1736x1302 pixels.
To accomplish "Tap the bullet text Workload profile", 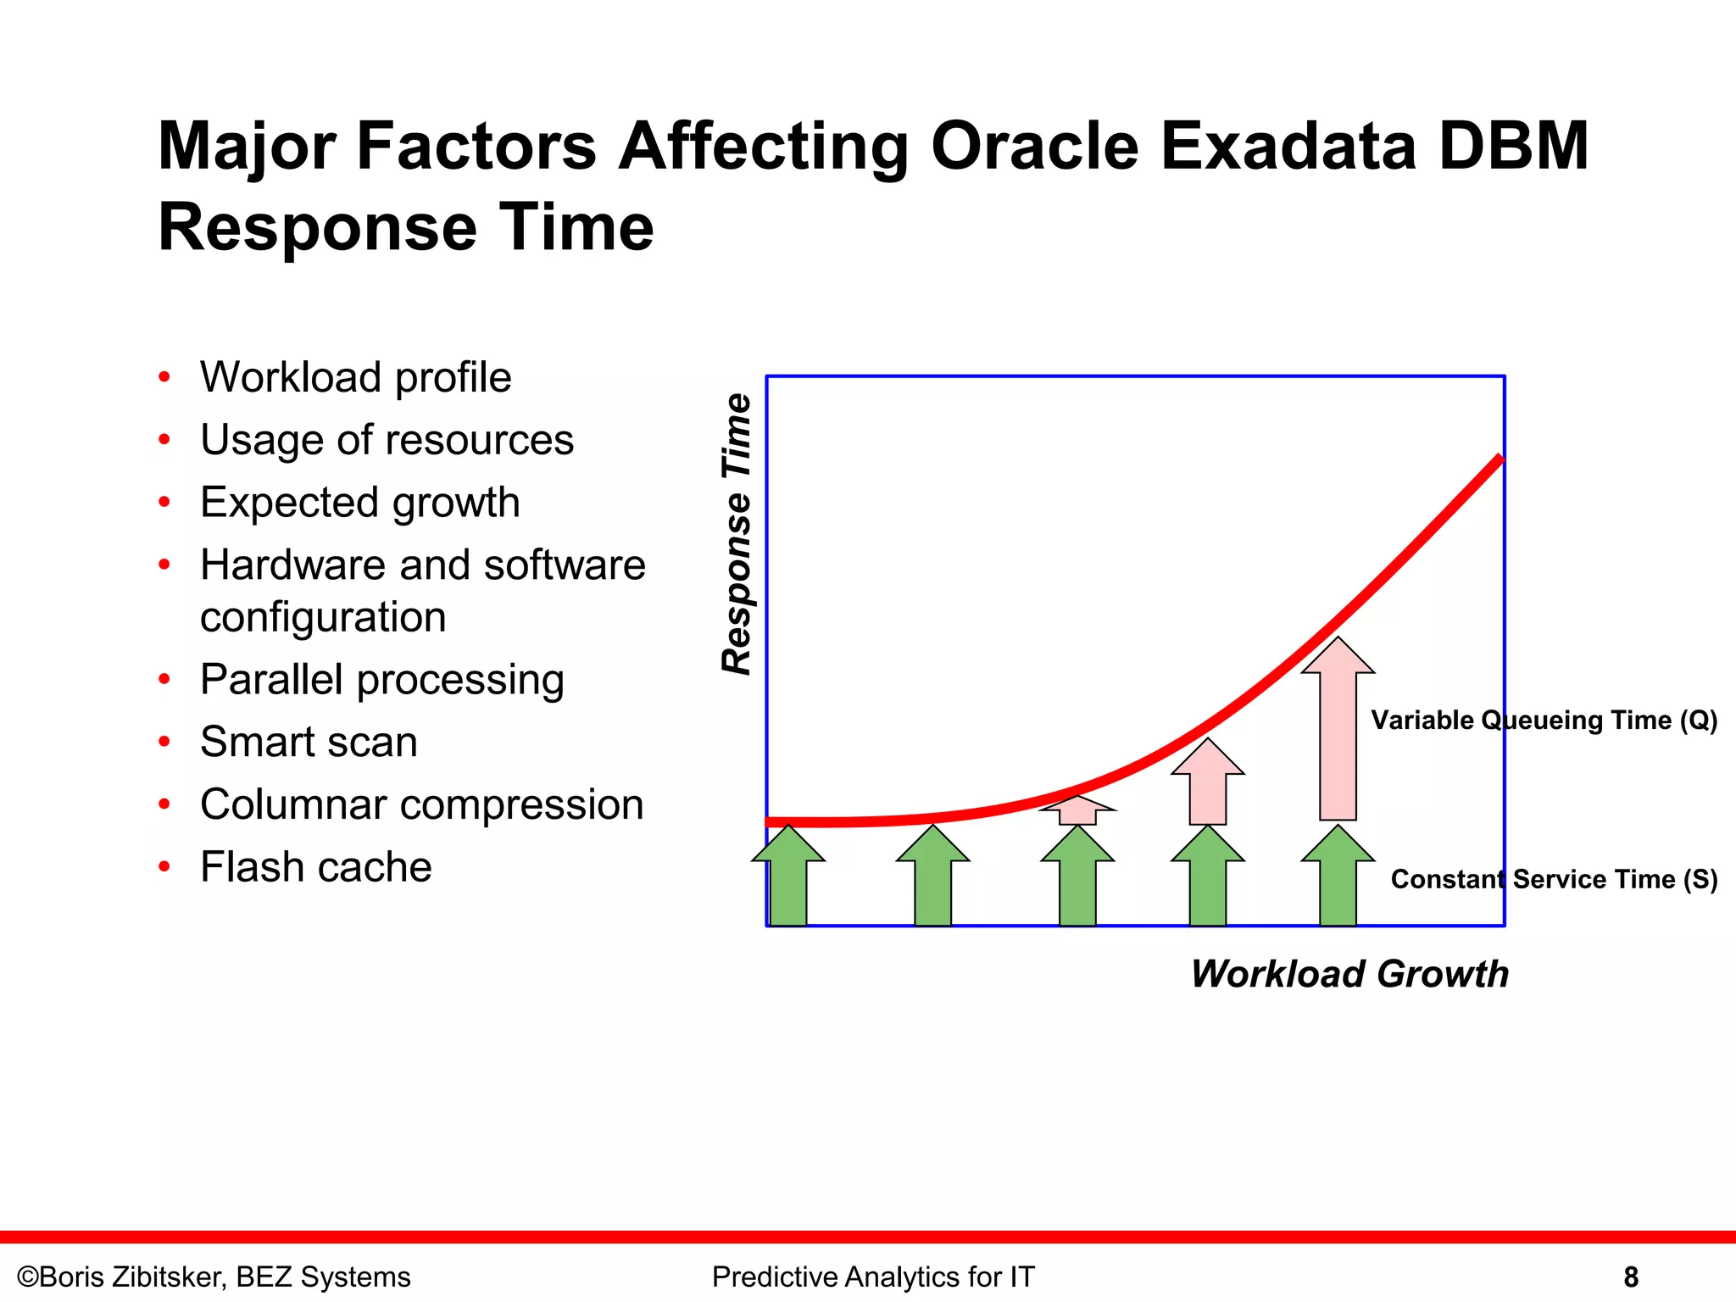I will (355, 377).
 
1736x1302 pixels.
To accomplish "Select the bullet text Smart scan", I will (309, 742).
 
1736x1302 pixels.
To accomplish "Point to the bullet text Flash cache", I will (315, 866).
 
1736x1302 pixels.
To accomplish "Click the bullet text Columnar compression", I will (421, 804).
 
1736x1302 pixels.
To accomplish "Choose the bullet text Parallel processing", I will (381, 680).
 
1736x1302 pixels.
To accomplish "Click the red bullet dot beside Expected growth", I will (164, 502).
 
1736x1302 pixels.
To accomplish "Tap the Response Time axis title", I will (737, 534).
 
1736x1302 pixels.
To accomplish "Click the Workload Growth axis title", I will (1349, 973).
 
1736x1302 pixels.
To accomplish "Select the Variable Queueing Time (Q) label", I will (1544, 720).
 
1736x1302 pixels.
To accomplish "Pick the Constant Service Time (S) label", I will (1554, 879).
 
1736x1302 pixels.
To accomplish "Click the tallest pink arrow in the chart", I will (1338, 737).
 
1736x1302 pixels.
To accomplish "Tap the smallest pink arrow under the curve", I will (1077, 810).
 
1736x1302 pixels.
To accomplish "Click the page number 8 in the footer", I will (1630, 1277).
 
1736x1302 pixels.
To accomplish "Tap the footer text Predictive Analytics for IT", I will (873, 1277).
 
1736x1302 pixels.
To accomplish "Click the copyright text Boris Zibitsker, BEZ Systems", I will (214, 1277).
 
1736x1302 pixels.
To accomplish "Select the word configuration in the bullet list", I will (323, 617).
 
